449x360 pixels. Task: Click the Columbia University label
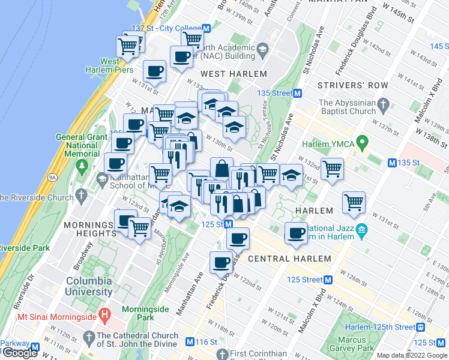(89, 286)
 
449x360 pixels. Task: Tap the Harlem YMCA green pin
(361, 143)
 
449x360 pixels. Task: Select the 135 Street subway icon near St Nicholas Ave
(297, 93)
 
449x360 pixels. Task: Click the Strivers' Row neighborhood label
(353, 85)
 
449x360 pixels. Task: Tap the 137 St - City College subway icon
(206, 28)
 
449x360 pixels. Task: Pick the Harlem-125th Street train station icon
(421, 327)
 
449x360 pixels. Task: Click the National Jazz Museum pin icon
(361, 230)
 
